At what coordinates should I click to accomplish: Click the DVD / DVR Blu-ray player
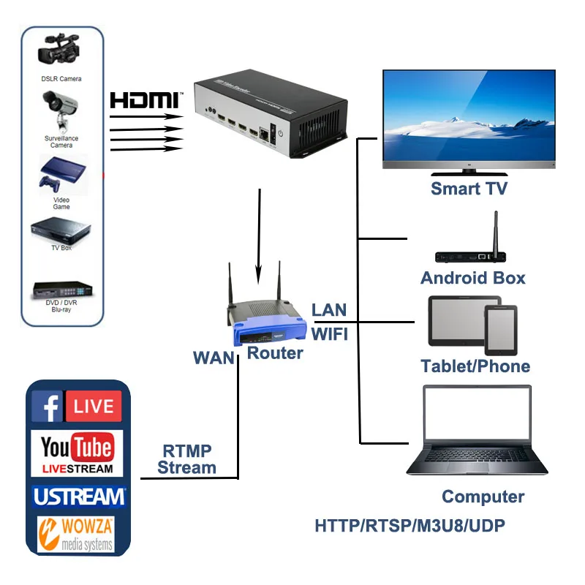click(61, 290)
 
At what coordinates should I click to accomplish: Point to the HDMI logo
click(143, 99)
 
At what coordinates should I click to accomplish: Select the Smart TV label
click(469, 188)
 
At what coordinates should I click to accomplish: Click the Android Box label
click(472, 277)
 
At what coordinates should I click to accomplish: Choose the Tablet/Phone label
click(475, 366)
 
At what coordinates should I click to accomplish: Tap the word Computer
click(483, 497)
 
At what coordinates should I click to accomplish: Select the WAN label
click(214, 358)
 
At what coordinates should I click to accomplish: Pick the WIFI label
click(330, 334)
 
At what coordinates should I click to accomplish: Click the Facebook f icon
click(48, 407)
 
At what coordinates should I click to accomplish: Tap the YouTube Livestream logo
click(77, 453)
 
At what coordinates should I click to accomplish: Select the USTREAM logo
click(78, 497)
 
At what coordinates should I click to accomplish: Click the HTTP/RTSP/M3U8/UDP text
click(409, 525)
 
